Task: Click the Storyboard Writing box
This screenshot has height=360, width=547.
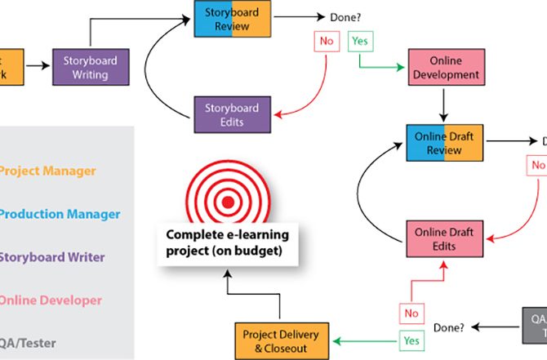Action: (91, 68)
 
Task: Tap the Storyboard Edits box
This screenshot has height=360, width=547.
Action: (232, 114)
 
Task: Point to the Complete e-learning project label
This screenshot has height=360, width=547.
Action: (228, 243)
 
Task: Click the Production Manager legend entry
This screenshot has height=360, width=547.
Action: (54, 214)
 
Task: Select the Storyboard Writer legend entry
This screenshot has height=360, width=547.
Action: (52, 257)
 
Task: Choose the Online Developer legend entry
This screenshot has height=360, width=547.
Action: (51, 300)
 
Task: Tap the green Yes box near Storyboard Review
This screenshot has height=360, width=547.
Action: (359, 40)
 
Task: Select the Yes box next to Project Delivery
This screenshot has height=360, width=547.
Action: (411, 340)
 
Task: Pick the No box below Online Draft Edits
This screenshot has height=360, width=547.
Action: (411, 313)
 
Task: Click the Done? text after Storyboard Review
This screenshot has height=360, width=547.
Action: (347, 16)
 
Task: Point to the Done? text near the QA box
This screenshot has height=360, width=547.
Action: (448, 327)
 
